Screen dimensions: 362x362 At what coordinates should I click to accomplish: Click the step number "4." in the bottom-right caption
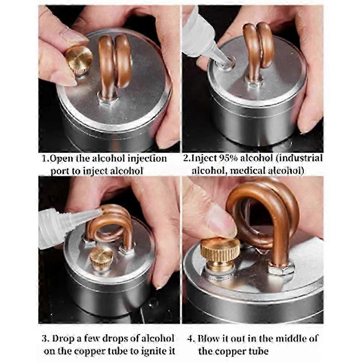tap(191, 339)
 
